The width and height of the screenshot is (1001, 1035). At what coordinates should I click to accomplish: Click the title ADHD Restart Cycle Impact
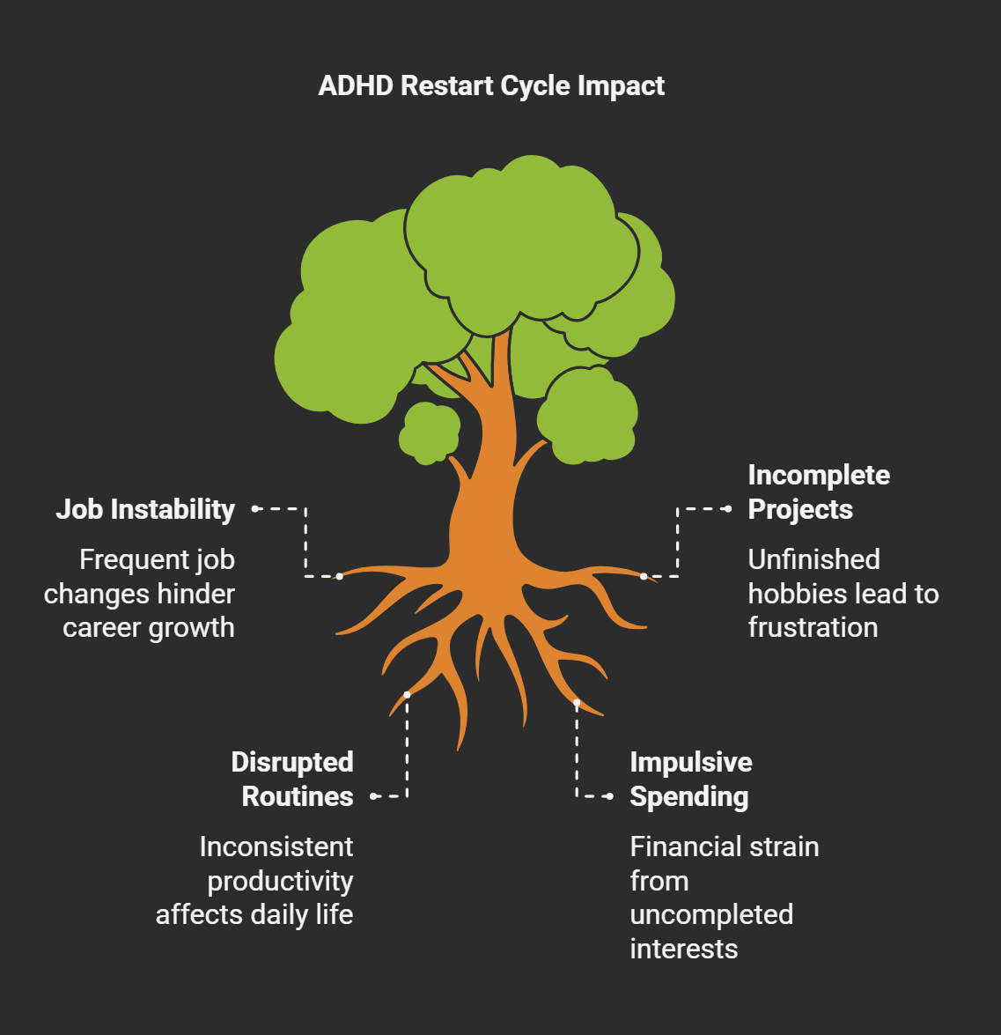point(491,86)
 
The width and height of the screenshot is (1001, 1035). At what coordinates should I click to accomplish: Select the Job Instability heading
point(145,509)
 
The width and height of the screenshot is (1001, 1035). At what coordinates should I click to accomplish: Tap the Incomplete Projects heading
point(819,492)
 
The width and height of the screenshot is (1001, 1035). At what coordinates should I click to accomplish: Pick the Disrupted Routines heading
point(292,779)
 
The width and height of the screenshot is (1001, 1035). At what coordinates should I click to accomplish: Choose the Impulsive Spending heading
point(691,779)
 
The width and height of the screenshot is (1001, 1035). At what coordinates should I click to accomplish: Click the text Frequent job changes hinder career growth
point(141,594)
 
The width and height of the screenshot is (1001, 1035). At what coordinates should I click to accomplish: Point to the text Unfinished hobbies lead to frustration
point(843,594)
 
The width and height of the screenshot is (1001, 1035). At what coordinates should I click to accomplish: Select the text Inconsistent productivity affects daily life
point(255,881)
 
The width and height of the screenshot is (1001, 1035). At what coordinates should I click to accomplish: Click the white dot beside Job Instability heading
point(254,508)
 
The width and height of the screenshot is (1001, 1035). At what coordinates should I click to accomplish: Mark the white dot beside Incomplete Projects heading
point(728,508)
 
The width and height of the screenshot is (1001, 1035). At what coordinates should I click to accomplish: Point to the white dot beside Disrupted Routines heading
point(374,796)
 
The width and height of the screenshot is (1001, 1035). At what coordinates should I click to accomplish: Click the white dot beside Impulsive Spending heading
point(609,796)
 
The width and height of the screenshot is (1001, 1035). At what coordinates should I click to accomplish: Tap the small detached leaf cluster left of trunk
point(430,432)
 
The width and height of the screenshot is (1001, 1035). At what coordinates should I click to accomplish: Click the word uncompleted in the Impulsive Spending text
point(711,914)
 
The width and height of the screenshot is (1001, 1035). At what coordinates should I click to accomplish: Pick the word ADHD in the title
point(356,86)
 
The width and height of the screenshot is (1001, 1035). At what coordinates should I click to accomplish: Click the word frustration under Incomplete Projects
point(813,627)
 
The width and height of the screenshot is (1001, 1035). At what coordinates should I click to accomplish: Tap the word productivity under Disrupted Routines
point(280,881)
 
